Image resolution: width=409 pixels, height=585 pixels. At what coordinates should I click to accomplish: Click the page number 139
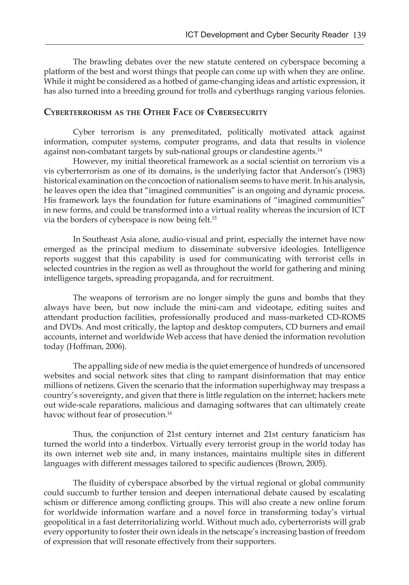(359, 35)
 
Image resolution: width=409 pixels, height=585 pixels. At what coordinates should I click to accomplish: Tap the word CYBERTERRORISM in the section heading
(78, 112)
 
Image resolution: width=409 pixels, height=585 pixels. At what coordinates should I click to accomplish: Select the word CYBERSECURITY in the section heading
(237, 112)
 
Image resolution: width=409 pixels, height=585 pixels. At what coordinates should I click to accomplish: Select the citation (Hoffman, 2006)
(96, 346)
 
